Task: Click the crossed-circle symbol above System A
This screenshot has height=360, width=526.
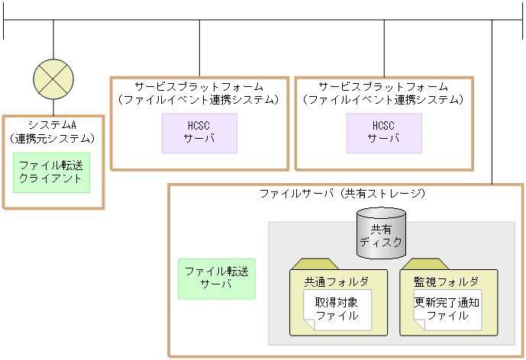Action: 53,79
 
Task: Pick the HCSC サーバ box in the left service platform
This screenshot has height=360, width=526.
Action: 199,133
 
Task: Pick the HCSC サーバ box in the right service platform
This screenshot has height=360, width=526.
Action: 384,133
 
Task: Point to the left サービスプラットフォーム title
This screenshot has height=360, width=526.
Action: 199,86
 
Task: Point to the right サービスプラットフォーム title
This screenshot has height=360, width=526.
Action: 384,86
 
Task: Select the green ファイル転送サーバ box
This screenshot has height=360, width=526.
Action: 216,278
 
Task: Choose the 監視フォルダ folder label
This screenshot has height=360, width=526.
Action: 448,281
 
